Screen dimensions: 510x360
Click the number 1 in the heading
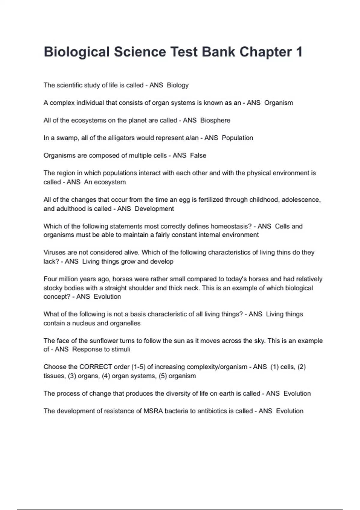coord(299,52)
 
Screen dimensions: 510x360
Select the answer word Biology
coord(178,85)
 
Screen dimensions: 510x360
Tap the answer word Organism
coord(278,103)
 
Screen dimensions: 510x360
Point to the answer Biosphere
coord(215,120)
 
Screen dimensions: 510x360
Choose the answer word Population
coord(237,138)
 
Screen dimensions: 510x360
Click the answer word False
coord(198,155)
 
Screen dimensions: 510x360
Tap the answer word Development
coord(154,209)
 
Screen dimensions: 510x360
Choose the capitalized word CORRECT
coord(95,367)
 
